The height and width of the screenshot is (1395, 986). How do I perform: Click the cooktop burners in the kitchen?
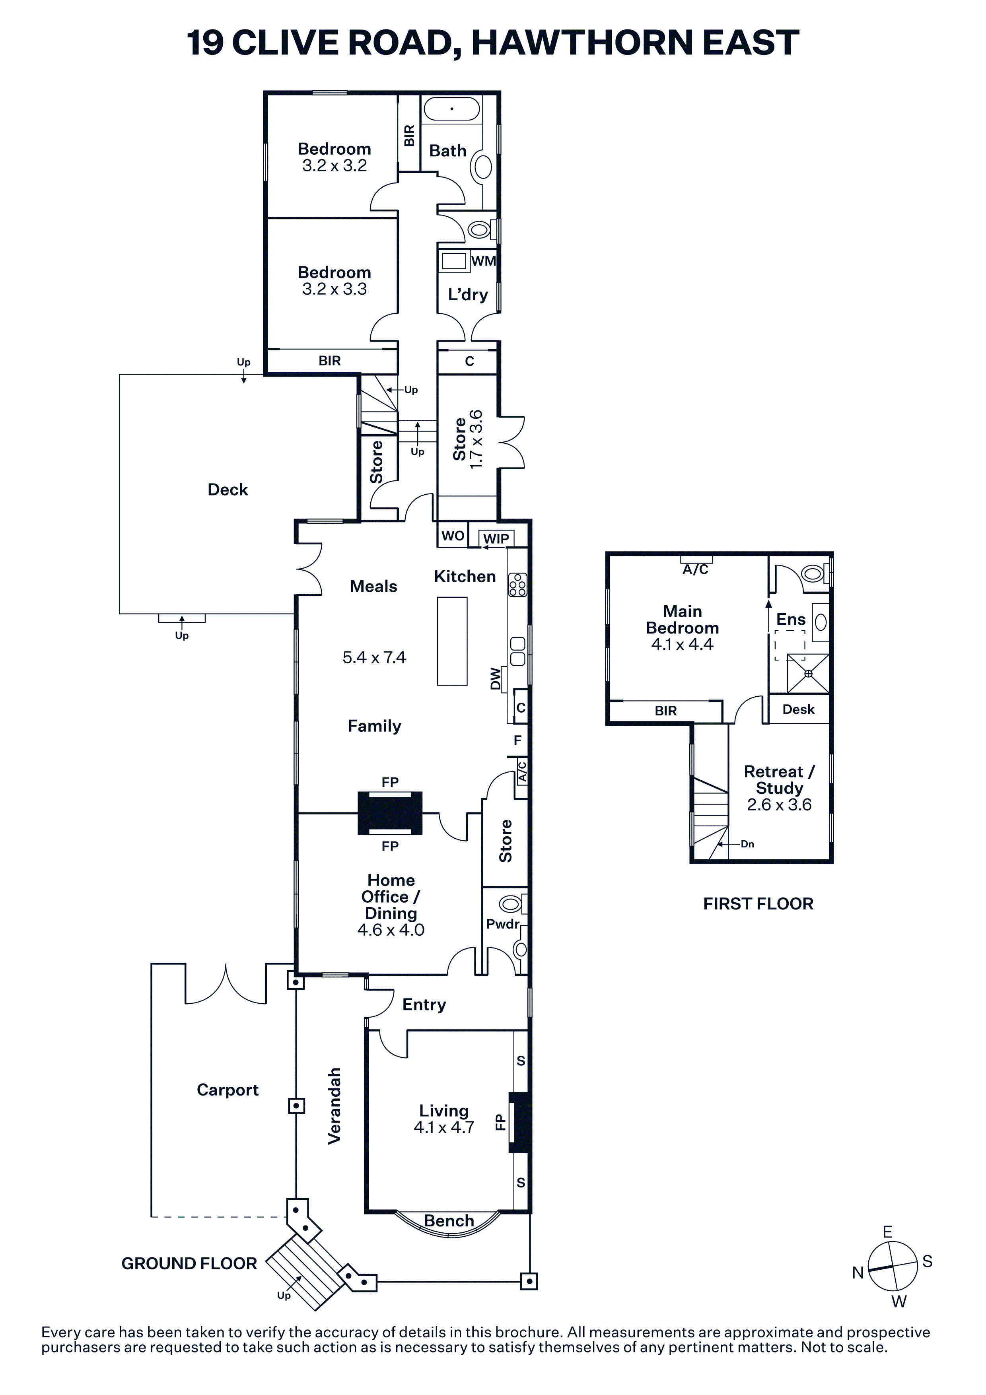pyautogui.click(x=517, y=585)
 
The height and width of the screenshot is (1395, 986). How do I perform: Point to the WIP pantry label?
pyautogui.click(x=496, y=538)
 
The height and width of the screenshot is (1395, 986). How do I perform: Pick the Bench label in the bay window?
pyautogui.click(x=449, y=1221)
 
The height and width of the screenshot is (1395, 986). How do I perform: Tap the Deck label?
pyautogui.click(x=228, y=490)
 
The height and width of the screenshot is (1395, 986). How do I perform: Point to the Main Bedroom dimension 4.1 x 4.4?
pyautogui.click(x=682, y=645)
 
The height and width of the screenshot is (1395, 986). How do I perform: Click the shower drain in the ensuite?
pyautogui.click(x=809, y=673)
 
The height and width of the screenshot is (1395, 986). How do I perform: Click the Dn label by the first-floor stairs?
pyautogui.click(x=747, y=844)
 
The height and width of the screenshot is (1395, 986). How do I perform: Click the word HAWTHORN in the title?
pyautogui.click(x=582, y=43)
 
